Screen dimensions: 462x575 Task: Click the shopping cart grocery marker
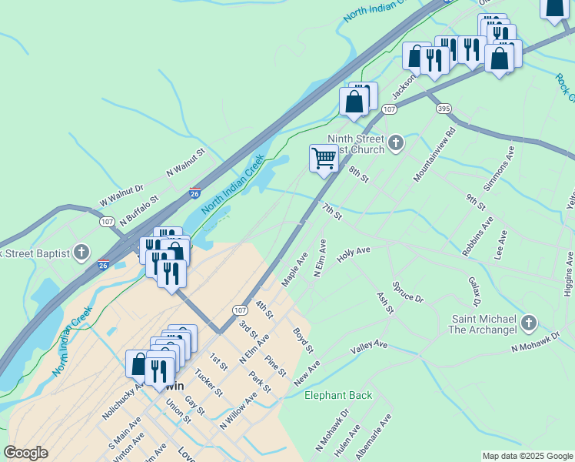click(324, 158)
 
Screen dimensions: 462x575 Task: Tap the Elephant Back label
click(338, 396)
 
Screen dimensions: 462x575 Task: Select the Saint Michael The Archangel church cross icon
click(528, 323)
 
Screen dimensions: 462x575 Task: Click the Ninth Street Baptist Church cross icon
click(395, 142)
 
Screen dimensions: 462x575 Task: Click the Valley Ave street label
click(369, 348)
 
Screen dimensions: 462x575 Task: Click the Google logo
click(25, 453)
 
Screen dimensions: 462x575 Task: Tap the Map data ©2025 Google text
click(527, 456)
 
